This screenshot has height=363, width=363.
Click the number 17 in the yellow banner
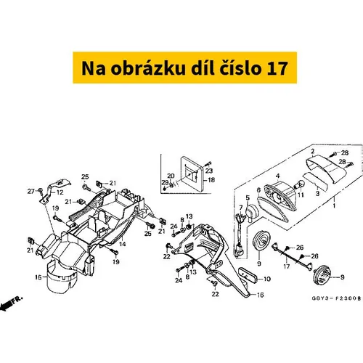(277, 68)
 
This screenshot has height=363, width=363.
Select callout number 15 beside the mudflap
(38, 277)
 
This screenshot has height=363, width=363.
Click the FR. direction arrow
(11, 302)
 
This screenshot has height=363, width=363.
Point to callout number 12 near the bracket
(60, 192)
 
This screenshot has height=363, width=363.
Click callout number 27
(31, 192)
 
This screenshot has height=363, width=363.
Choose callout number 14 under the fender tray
(123, 244)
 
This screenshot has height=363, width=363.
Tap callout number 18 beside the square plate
(211, 180)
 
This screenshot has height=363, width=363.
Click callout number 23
(209, 171)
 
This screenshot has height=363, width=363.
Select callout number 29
(165, 182)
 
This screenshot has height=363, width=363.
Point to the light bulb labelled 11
(298, 185)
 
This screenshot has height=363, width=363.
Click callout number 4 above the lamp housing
(277, 176)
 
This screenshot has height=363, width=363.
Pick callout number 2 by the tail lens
(313, 151)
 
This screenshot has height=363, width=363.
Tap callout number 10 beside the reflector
(267, 279)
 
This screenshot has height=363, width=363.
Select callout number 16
(260, 295)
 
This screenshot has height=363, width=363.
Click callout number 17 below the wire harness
(287, 266)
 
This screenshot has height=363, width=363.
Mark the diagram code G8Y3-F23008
(336, 298)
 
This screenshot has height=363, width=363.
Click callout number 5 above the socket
(248, 198)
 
